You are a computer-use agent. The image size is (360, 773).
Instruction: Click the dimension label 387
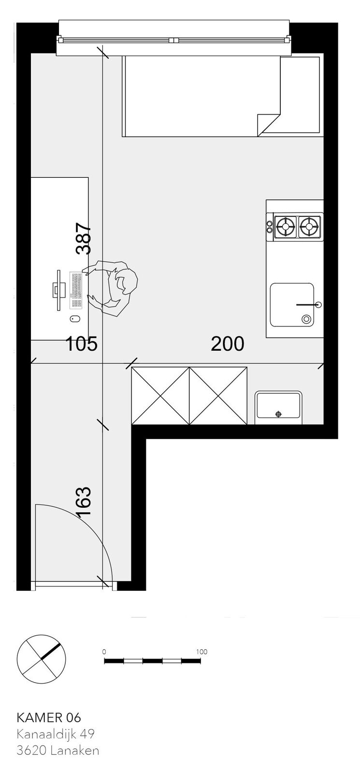pos(84,239)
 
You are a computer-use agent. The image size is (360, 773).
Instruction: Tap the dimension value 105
pos(82,344)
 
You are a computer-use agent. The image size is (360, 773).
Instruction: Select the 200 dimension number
pos(228,344)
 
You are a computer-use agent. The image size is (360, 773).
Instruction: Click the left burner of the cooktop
pos(286,227)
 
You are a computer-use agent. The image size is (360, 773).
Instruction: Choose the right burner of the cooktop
pos(309,227)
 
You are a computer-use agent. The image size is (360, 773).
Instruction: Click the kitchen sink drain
pos(306,319)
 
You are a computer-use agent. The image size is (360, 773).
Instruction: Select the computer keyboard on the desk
pos(76,290)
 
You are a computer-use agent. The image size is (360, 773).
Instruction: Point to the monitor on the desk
pos(59,289)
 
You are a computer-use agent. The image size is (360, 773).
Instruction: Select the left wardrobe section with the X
pos(160,396)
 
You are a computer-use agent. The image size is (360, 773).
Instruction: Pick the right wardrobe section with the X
pos(218,396)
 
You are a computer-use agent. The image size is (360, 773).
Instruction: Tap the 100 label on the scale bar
pos(202,652)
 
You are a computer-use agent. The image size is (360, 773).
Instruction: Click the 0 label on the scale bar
pos(104,652)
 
